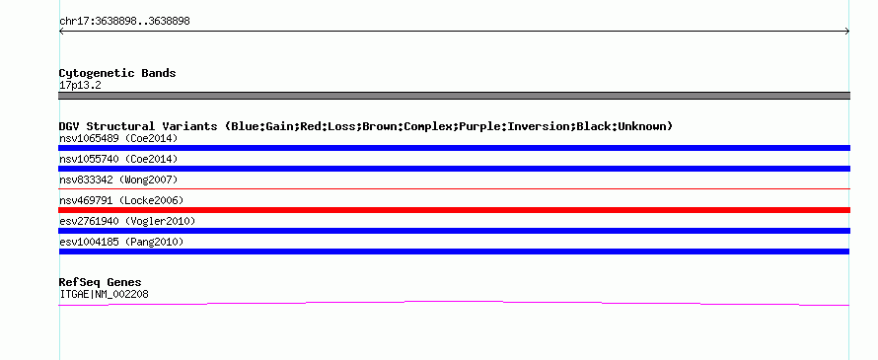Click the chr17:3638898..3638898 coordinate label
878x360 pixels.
[x=124, y=22]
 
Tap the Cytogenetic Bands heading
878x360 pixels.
[x=117, y=73]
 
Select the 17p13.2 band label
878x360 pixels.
[x=80, y=86]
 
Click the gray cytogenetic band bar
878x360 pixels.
[x=454, y=96]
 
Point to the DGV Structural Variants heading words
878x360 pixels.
[x=138, y=126]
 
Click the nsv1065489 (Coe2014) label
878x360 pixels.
[x=118, y=138]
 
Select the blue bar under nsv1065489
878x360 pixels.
[x=454, y=148]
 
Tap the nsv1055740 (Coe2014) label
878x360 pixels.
[x=118, y=159]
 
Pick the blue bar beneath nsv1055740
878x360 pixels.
[x=454, y=169]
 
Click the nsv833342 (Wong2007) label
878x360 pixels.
[x=118, y=180]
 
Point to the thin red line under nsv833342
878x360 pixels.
[x=454, y=189]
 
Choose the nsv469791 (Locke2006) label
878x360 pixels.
[x=121, y=200]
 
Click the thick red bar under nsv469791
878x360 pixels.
[x=454, y=210]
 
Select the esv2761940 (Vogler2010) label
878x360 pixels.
[x=127, y=221]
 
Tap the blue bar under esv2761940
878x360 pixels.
[x=454, y=231]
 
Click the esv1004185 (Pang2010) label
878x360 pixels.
[x=121, y=242]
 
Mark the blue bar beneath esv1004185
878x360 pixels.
[x=454, y=252]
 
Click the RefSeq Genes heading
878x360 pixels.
[x=101, y=282]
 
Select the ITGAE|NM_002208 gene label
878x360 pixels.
[x=104, y=295]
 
